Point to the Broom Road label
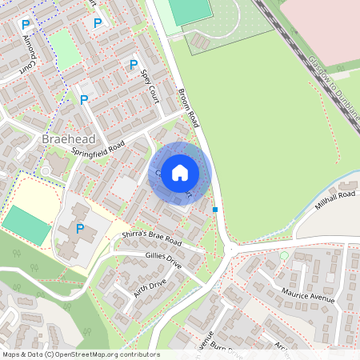(188, 108)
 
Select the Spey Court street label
(150, 86)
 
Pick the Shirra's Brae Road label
(151, 238)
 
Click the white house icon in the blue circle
(180, 173)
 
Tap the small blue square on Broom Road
(215, 210)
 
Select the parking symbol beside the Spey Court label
(134, 65)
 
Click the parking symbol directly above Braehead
(83, 100)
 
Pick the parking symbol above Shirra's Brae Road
(80, 229)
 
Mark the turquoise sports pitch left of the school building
(26, 226)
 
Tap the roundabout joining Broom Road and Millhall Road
(230, 250)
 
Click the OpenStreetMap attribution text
(80, 354)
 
